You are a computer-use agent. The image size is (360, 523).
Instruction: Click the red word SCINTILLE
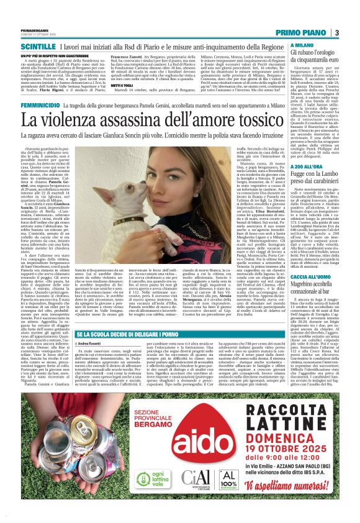click(38, 47)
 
